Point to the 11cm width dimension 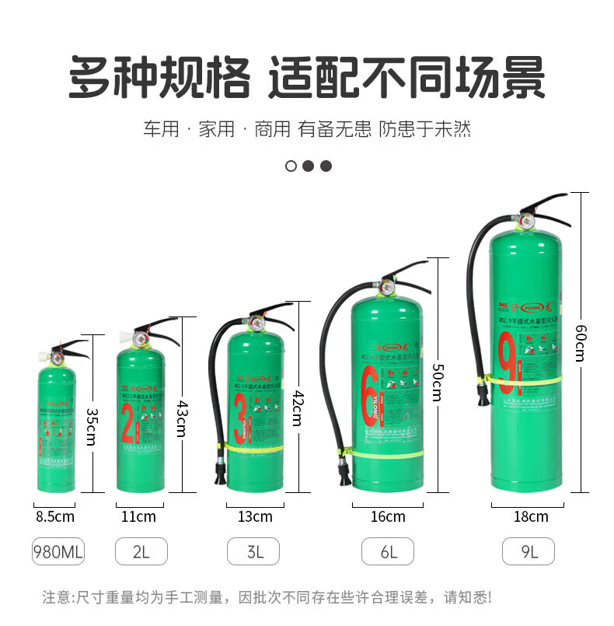(140, 516)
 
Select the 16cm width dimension (388, 516)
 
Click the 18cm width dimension (531, 516)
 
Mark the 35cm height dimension (92, 425)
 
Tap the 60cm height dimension (579, 342)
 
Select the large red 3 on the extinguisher (240, 420)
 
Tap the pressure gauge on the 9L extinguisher (527, 220)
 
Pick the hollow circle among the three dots (291, 166)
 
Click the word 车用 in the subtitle (161, 129)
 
